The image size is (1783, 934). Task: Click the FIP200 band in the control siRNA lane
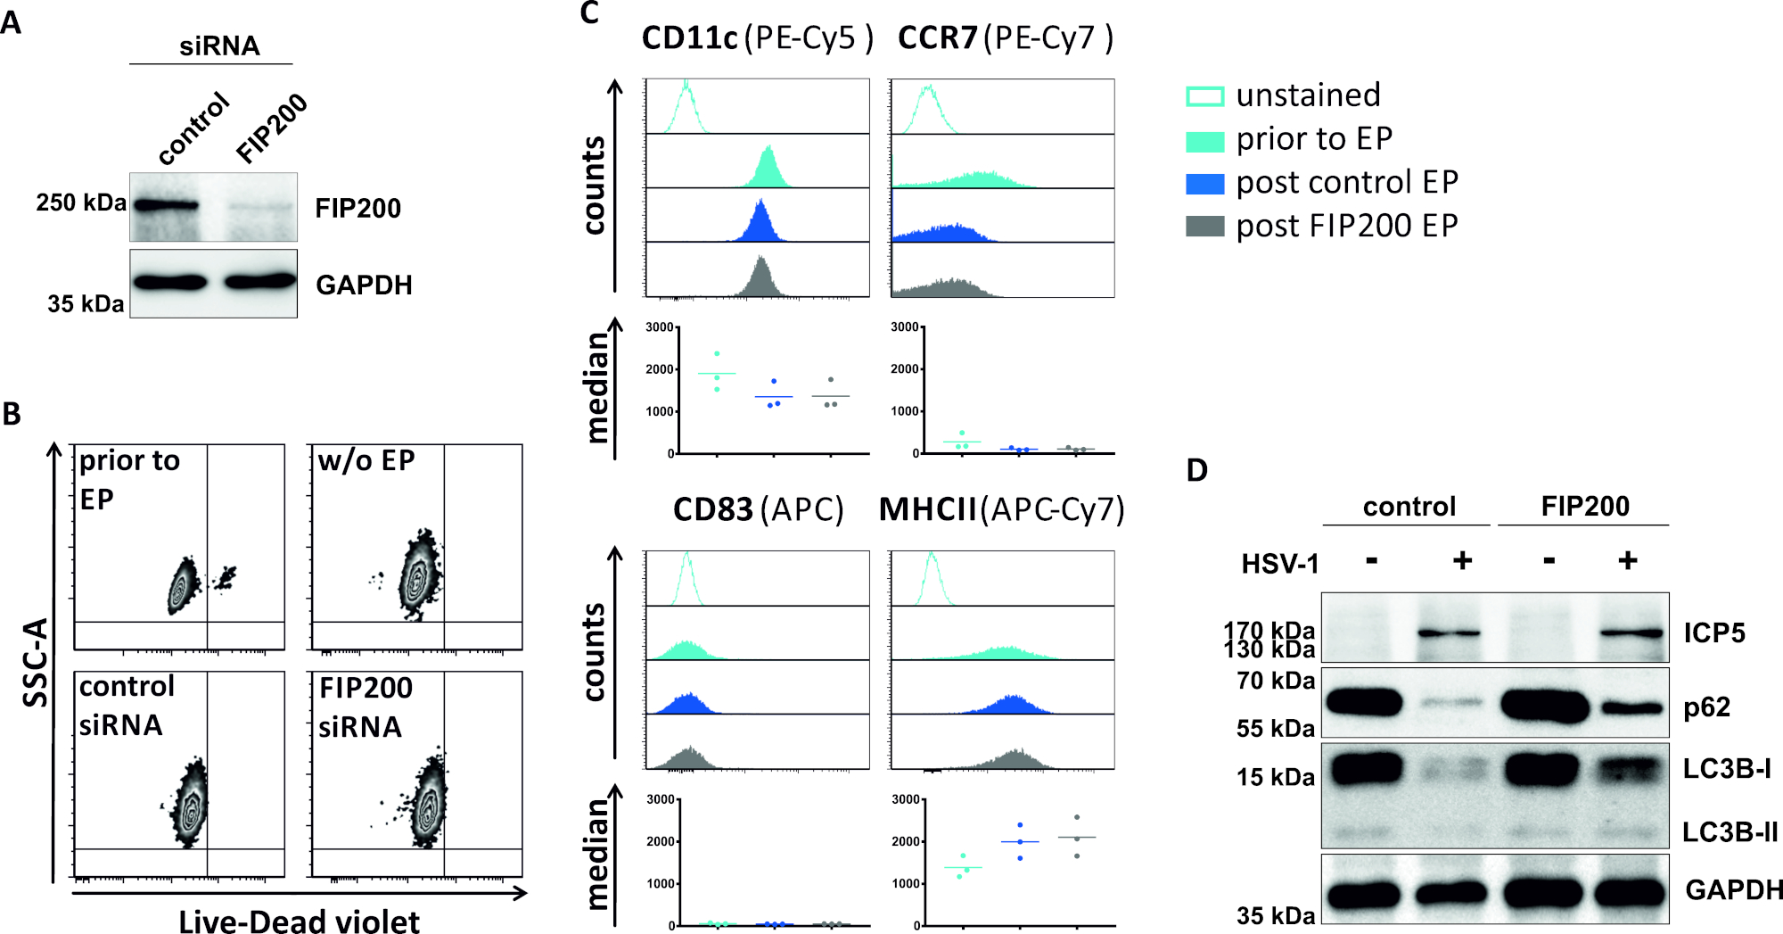click(167, 206)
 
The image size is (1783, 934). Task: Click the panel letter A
click(12, 22)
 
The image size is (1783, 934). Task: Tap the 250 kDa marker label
click(81, 203)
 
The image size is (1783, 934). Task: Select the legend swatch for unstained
click(1204, 96)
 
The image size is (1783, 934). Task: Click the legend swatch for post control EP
click(1204, 184)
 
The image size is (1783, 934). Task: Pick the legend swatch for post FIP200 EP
click(1204, 227)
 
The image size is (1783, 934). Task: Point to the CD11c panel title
click(690, 38)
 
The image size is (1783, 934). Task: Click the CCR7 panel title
click(938, 38)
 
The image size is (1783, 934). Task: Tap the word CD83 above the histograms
click(712, 510)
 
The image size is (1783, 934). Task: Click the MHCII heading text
click(927, 510)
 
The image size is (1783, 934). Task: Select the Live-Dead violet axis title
click(299, 921)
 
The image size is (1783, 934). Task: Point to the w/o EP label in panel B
click(366, 460)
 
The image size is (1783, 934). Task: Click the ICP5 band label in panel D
click(1713, 633)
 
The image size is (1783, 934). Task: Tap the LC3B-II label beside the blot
click(1730, 832)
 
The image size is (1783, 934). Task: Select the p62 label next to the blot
click(1706, 707)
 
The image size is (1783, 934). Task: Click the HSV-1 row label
click(1279, 564)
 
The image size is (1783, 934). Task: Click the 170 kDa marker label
click(1269, 631)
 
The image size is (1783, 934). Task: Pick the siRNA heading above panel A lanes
click(219, 45)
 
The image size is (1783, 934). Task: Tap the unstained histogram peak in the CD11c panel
click(686, 89)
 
